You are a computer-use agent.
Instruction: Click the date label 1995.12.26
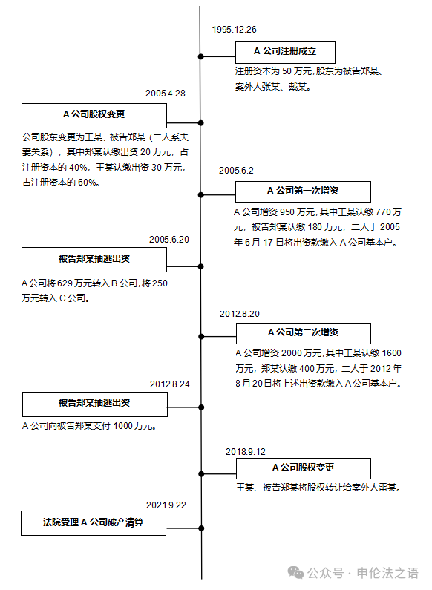pos(234,30)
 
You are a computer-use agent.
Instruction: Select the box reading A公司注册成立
pos(285,52)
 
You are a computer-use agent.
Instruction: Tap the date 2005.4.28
pos(166,94)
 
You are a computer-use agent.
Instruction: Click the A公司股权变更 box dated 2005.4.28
pos(94,116)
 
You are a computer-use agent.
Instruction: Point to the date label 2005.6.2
pos(236,171)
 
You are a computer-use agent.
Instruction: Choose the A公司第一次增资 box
pos(303,191)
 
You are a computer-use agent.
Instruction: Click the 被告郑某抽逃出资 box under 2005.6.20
pos(94,260)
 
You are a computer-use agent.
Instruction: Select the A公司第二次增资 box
pos(304,333)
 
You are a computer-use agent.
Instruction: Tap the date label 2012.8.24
pos(170,384)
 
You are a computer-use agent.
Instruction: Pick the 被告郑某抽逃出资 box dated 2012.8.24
pos(95,404)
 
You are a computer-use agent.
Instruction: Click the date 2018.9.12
pos(246,451)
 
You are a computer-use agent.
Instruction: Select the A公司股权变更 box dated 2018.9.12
pos(304,468)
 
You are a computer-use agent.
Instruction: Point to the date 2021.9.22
pos(166,505)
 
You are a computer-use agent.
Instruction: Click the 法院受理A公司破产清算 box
pos(94,523)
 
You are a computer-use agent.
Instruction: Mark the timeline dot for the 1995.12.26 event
pos(201,56)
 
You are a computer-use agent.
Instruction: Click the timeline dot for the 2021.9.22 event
pos(201,528)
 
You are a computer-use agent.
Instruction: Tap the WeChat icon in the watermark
pos(295,573)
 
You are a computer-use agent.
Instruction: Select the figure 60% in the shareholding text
pos(86,183)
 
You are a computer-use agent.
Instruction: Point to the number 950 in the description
pos(287,212)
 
